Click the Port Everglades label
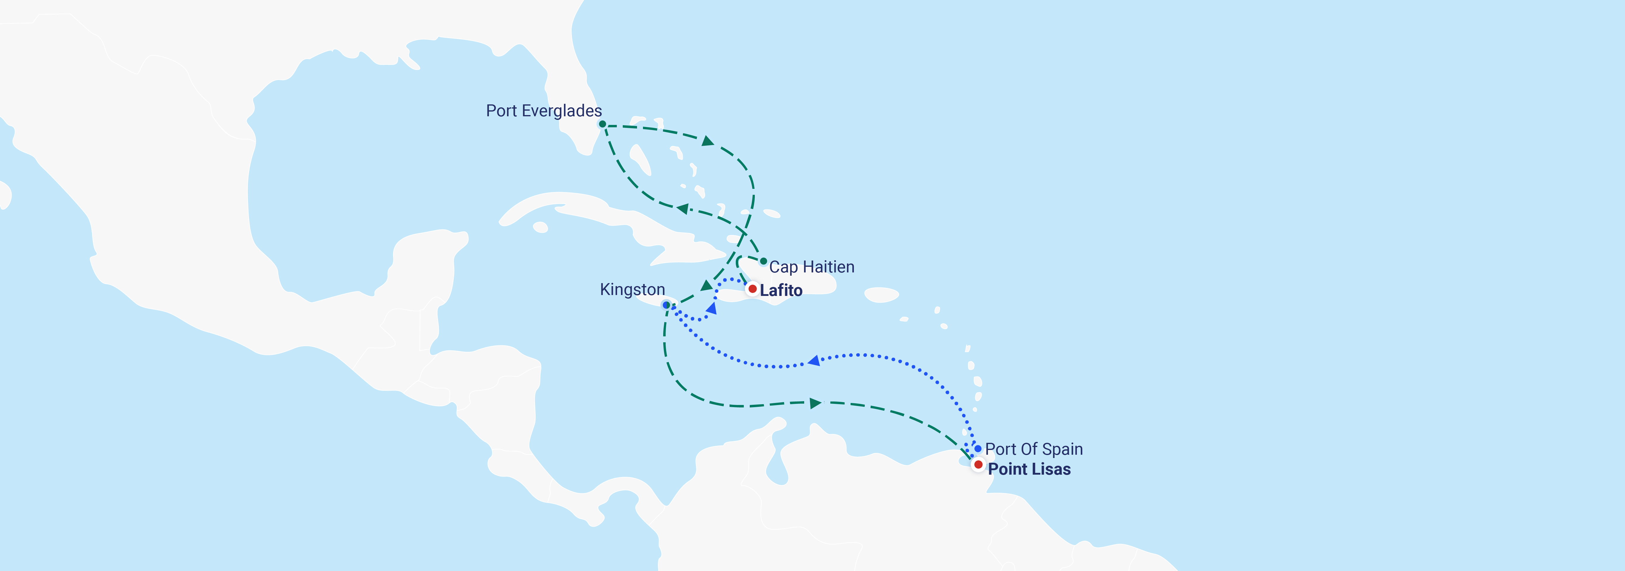pos(544,111)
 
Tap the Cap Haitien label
pos(811,267)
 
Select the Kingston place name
pos(632,290)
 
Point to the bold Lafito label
pos(781,290)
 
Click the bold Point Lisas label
pos(1029,469)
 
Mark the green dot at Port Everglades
pos(603,124)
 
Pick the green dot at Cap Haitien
pos(763,261)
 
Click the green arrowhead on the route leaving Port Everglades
pos(708,141)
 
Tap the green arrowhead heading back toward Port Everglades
pos(683,208)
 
